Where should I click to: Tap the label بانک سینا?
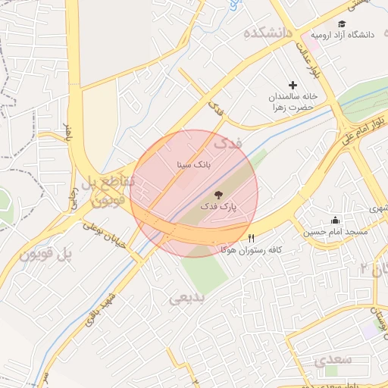(194, 163)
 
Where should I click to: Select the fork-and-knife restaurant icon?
(252, 237)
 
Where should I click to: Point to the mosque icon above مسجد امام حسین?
(336, 220)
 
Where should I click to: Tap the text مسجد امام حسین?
(336, 231)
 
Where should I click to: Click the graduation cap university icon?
(342, 24)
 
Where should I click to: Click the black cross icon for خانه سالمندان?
(293, 86)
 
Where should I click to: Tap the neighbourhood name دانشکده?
(268, 34)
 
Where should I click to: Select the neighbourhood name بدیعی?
(187, 298)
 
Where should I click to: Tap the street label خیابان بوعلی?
(102, 236)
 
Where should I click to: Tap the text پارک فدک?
(219, 206)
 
